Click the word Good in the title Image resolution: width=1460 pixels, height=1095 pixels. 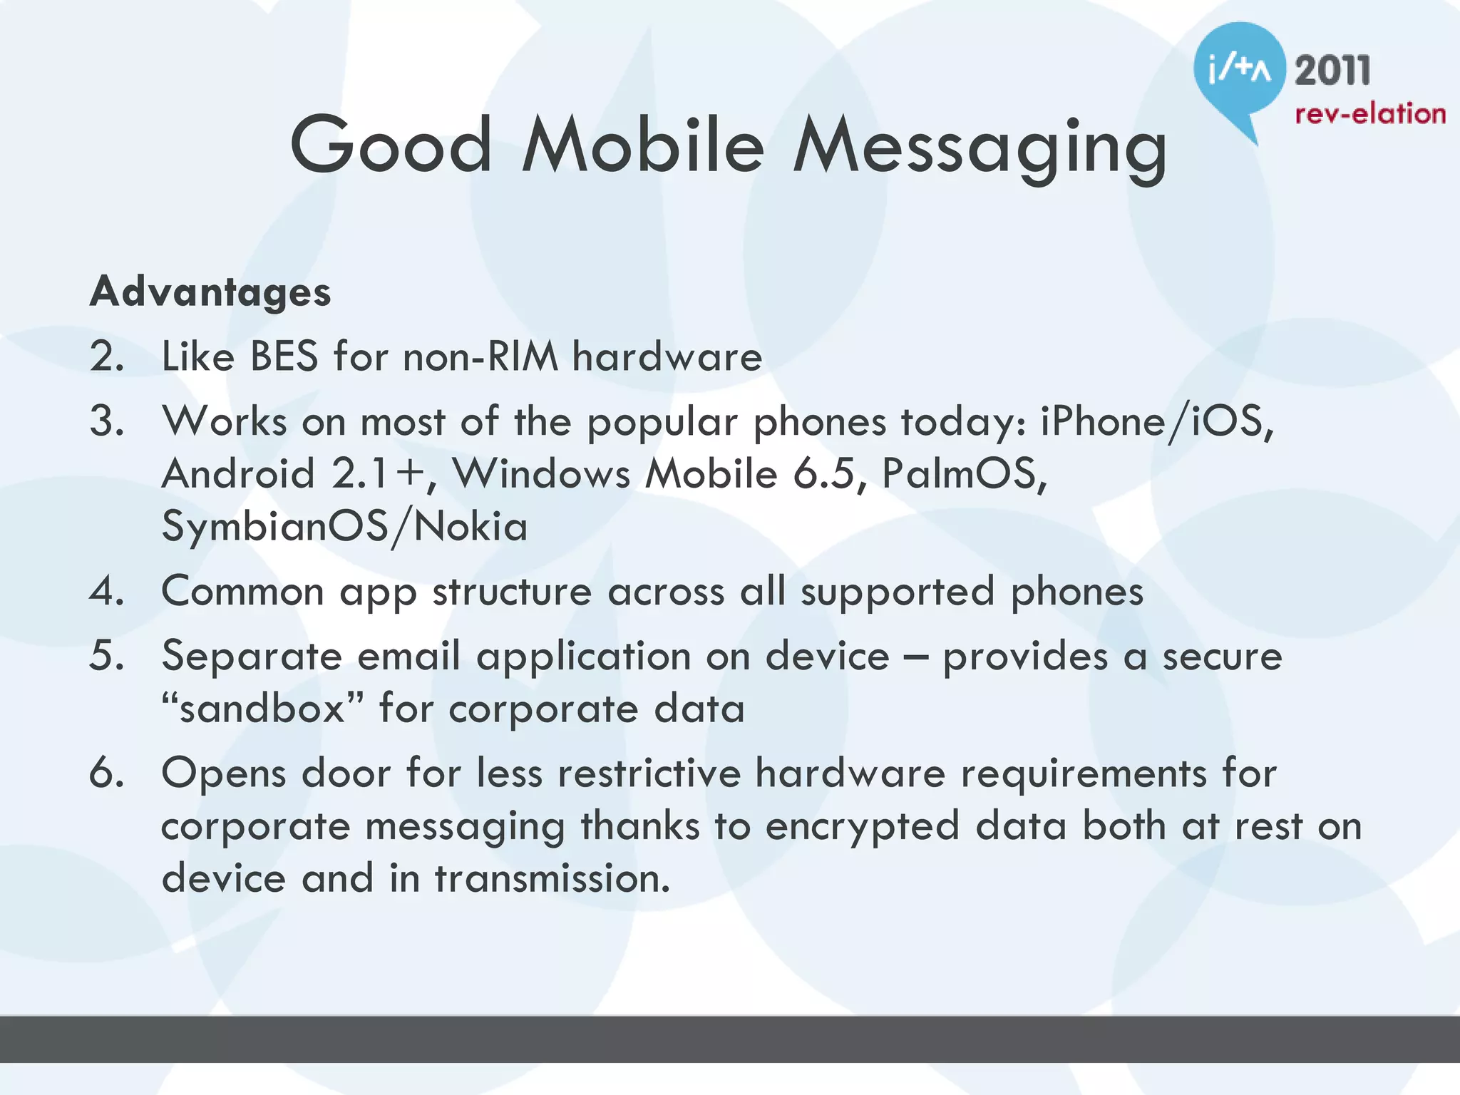pyautogui.click(x=391, y=145)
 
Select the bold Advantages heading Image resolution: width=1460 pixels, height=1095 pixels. pyautogui.click(x=210, y=292)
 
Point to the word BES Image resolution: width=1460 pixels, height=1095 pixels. pyautogui.click(x=284, y=356)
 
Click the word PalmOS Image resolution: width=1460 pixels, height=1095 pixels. pyautogui.click(x=962, y=473)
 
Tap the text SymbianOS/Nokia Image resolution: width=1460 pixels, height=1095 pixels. pyautogui.click(x=344, y=527)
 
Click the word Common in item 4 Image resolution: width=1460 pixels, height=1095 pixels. pyautogui.click(x=243, y=591)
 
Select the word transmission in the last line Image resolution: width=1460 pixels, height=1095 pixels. pyautogui.click(x=552, y=878)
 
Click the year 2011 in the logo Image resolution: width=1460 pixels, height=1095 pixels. pyautogui.click(x=1332, y=71)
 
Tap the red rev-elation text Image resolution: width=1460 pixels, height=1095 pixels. pyautogui.click(x=1369, y=114)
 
